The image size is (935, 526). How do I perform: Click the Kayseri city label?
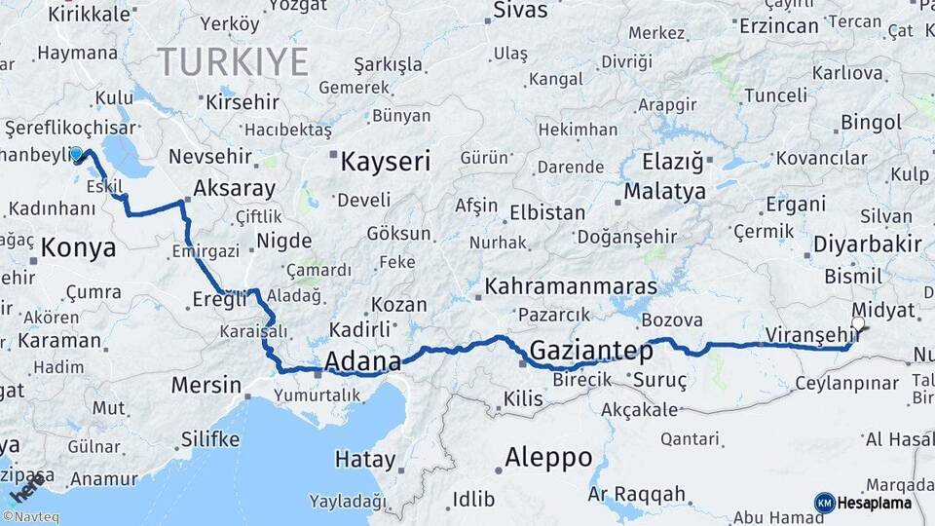coord(386,162)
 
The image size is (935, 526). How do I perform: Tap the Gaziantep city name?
coord(591,351)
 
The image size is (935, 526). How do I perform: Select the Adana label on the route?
coord(361,362)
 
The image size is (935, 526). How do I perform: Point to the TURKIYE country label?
coord(234,61)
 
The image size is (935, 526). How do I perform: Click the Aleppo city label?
coord(548,457)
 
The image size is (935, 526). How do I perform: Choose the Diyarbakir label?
coord(867,244)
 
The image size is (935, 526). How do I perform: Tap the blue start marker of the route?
coord(77,154)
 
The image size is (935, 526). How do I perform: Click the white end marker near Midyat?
coord(858,324)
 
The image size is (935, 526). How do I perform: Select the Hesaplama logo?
coord(864,503)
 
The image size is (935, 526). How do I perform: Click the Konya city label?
coord(79,247)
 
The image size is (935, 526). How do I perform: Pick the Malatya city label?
coord(664,191)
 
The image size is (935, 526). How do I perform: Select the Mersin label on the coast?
coord(206,385)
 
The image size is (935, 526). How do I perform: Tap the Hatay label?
coord(365,459)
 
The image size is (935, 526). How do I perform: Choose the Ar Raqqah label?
coord(637,494)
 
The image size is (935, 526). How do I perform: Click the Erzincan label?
coord(778,26)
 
